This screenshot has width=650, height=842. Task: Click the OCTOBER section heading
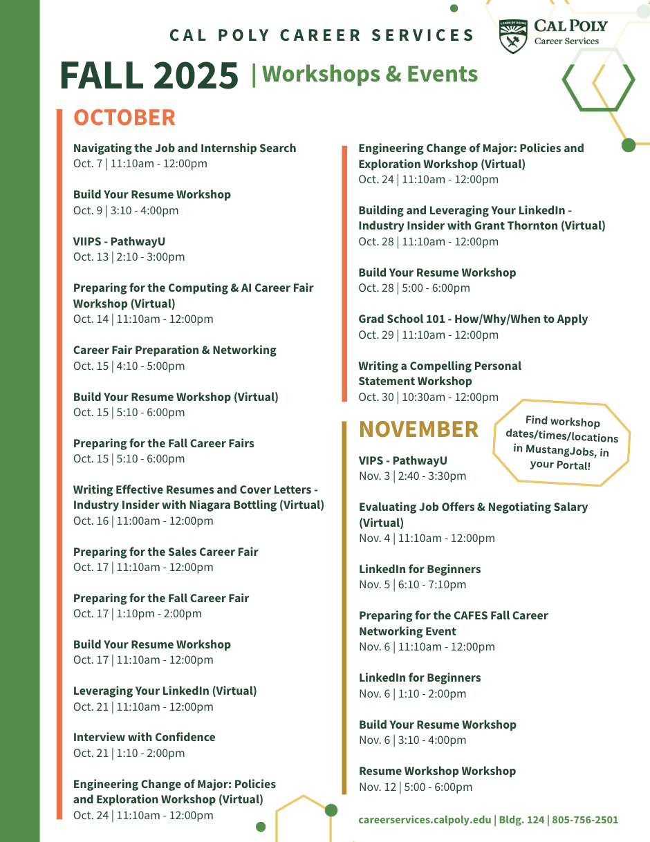point(124,118)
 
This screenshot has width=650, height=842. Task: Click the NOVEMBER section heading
point(418,429)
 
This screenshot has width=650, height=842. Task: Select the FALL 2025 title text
point(149,75)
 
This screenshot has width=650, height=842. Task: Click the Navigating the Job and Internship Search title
point(185,148)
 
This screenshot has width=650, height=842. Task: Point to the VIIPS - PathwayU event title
point(120,241)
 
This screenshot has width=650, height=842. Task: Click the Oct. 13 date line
point(129,256)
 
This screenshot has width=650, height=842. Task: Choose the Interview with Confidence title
point(145,737)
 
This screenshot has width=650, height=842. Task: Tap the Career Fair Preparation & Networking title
point(175,350)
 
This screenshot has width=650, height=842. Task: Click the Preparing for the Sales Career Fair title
point(166,552)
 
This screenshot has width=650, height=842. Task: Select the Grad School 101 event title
point(473,319)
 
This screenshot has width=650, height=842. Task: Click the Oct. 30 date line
point(428,397)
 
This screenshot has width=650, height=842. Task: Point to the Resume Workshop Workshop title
point(437,771)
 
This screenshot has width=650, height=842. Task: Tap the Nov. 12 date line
point(416,787)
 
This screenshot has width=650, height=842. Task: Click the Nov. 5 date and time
point(412,584)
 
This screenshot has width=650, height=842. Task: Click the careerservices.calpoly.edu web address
point(425,820)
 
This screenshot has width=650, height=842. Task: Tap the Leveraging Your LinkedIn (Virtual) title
point(165,691)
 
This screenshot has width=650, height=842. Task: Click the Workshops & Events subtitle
point(370,74)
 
